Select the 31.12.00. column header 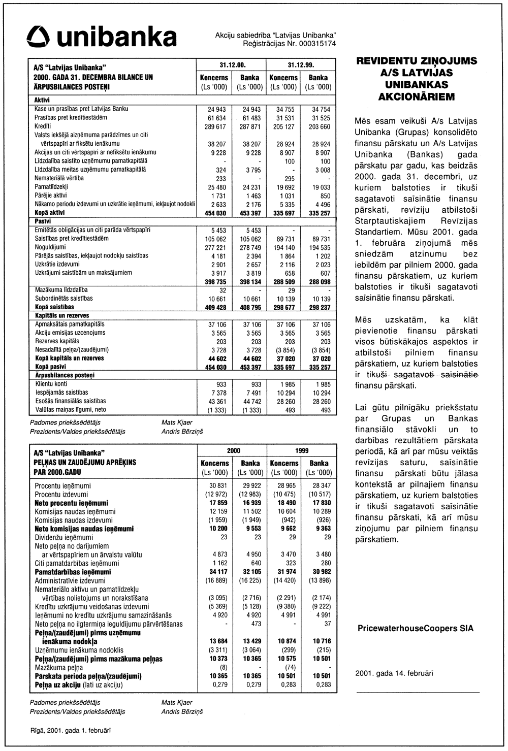(x=233, y=66)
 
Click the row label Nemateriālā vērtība (x=59, y=178)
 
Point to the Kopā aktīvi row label (x=50, y=213)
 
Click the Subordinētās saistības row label (x=64, y=299)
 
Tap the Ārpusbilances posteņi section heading (x=65, y=375)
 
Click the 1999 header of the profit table (x=301, y=450)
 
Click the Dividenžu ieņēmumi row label (x=64, y=537)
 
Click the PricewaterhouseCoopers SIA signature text (x=416, y=628)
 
